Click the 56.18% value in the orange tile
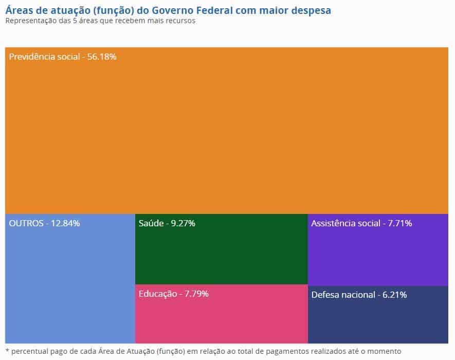(102, 57)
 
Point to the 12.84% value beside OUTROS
(65, 223)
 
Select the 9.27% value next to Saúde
(183, 223)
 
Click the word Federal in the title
(215, 10)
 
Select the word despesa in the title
(312, 10)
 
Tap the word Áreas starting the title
(19, 10)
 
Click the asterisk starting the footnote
(7, 351)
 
